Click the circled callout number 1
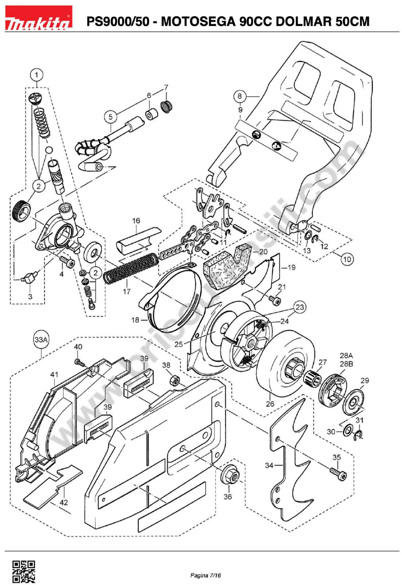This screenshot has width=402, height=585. point(37,75)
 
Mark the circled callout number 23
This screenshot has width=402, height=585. point(300,307)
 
